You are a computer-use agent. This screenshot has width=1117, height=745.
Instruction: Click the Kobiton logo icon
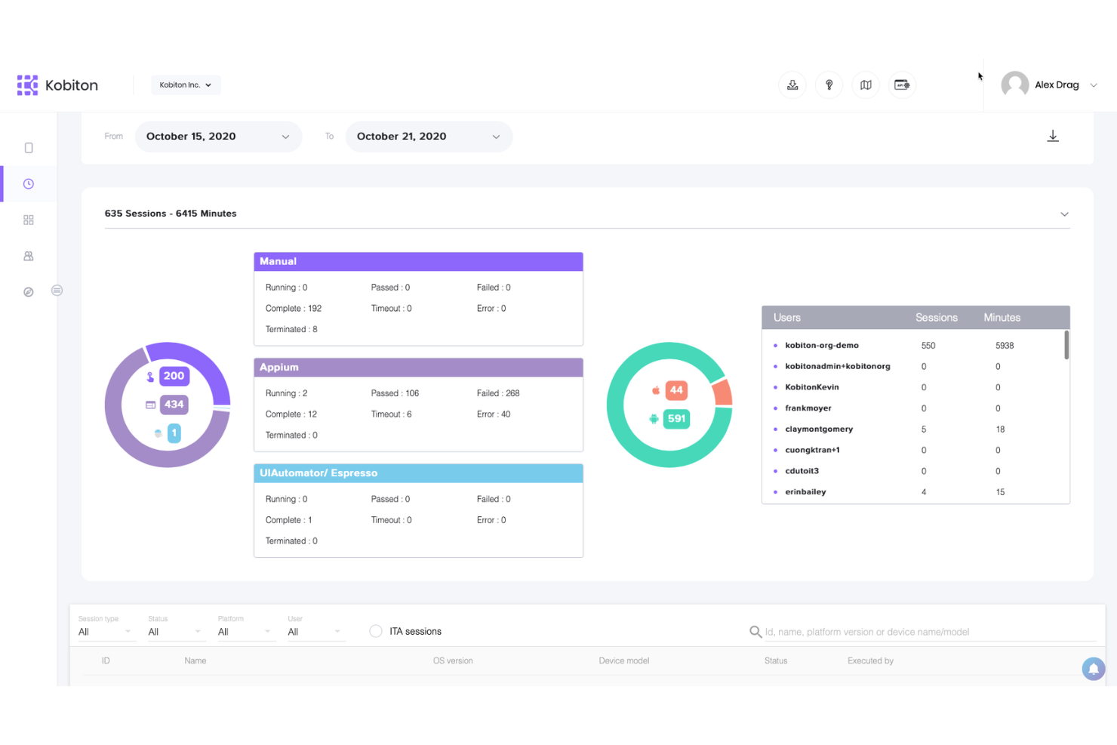click(x=28, y=85)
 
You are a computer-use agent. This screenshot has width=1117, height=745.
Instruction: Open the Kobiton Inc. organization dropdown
click(x=185, y=85)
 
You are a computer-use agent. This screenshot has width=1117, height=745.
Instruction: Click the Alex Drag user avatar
click(x=1014, y=85)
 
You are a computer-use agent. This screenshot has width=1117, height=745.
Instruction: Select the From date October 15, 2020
click(x=217, y=137)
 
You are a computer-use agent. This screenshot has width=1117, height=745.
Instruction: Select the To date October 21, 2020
click(x=428, y=137)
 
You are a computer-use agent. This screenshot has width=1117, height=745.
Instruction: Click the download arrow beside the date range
click(x=1052, y=137)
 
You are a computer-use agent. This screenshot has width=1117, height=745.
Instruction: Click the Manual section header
click(x=418, y=262)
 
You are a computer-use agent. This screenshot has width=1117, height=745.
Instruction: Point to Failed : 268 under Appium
click(x=498, y=393)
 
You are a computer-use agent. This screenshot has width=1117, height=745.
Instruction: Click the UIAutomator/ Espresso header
click(x=418, y=473)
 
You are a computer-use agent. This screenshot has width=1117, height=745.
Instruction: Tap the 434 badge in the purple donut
click(x=174, y=405)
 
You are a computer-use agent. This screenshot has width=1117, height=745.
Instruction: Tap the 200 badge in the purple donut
click(x=174, y=376)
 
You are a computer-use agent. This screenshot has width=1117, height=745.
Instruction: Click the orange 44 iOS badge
click(x=676, y=390)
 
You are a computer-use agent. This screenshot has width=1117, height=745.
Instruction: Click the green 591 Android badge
click(x=676, y=419)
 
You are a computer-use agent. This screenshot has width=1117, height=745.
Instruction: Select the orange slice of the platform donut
click(x=723, y=393)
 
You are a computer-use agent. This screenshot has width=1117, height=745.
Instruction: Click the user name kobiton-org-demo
click(x=821, y=346)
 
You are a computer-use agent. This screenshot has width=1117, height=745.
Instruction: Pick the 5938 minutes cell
click(x=1004, y=346)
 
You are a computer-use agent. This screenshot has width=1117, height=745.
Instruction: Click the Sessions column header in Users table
click(x=936, y=318)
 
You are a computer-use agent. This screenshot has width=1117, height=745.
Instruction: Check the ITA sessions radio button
click(x=376, y=632)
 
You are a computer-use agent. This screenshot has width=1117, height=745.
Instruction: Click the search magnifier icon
click(x=755, y=632)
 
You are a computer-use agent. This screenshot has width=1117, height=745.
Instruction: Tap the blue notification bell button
click(x=1093, y=669)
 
